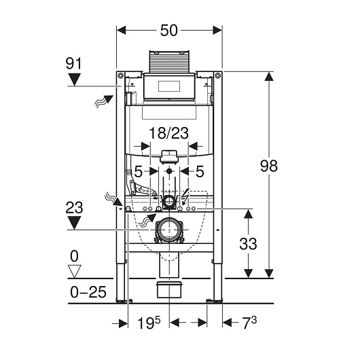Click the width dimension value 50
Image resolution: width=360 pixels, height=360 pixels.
tap(169, 31)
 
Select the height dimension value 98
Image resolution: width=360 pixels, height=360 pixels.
tap(269, 166)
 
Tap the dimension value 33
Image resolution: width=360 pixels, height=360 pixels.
tap(248, 244)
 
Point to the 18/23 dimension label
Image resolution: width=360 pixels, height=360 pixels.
tap(169, 133)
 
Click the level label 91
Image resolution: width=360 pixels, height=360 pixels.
tap(73, 64)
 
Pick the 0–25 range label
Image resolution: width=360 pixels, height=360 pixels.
tap(88, 292)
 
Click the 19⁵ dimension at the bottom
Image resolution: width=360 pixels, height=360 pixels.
tap(149, 323)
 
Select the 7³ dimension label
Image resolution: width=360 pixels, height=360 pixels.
tap(249, 323)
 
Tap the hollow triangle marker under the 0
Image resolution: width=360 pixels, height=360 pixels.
tap(75, 272)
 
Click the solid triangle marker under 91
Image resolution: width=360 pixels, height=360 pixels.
tap(75, 79)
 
